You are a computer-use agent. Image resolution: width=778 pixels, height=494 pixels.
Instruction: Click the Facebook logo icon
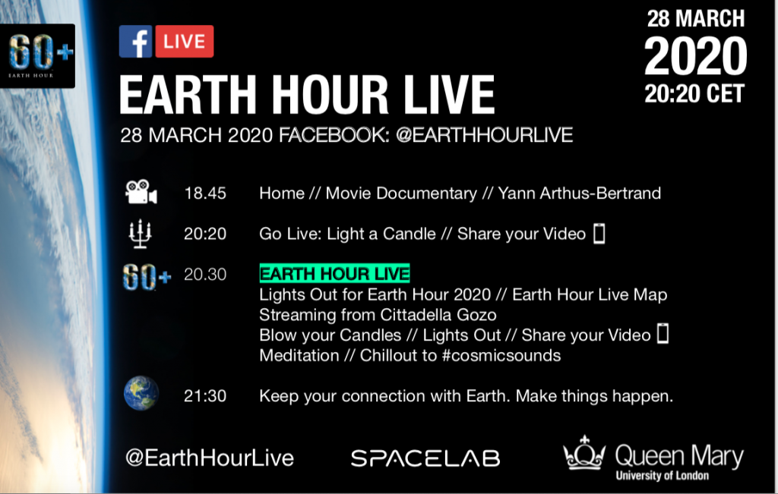pyautogui.click(x=135, y=42)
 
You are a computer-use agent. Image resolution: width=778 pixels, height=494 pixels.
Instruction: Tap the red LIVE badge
pyautogui.click(x=185, y=42)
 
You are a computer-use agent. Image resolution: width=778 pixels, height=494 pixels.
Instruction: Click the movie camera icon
pyautogui.click(x=141, y=192)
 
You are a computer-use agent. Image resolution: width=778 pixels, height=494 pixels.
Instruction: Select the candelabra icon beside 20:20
pyautogui.click(x=140, y=234)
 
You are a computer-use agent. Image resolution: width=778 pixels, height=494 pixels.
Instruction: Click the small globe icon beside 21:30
pyautogui.click(x=141, y=393)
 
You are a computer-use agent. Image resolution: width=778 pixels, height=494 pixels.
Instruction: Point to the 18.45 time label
pyautogui.click(x=205, y=194)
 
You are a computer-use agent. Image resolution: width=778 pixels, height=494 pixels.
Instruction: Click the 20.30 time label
pyautogui.click(x=205, y=274)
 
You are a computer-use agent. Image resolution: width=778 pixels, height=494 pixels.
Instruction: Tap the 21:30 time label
pyautogui.click(x=205, y=396)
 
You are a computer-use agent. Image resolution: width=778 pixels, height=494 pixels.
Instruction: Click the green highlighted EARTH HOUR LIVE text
pyautogui.click(x=334, y=273)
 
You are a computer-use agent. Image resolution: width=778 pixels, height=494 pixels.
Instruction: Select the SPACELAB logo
pyautogui.click(x=425, y=458)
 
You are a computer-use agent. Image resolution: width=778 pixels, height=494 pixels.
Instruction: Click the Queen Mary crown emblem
pyautogui.click(x=584, y=452)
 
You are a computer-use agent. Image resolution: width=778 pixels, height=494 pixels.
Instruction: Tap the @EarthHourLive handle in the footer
pyautogui.click(x=210, y=458)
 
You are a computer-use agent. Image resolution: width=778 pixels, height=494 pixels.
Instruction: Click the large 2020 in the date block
pyautogui.click(x=695, y=56)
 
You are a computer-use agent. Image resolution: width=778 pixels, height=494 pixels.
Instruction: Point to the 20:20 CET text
pyautogui.click(x=694, y=93)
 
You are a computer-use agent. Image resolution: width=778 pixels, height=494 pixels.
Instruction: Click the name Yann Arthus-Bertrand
pyautogui.click(x=579, y=194)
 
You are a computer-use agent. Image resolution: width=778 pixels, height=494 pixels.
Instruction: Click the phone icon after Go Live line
pyautogui.click(x=599, y=234)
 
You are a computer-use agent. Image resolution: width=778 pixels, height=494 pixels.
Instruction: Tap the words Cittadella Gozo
pyautogui.click(x=438, y=315)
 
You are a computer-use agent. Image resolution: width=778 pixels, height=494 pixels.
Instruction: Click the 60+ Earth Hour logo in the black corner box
pyautogui.click(x=38, y=55)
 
